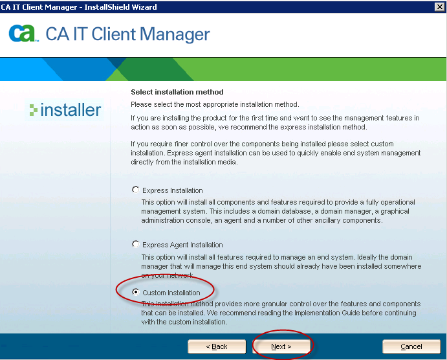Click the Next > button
[x=281, y=346]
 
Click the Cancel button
[x=411, y=346]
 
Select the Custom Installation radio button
[x=136, y=292]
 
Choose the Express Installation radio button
[x=136, y=190]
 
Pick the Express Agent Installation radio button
[x=136, y=244]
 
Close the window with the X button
[x=440, y=7]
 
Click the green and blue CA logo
[x=23, y=34]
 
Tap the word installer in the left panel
[x=71, y=110]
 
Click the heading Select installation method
[x=177, y=92]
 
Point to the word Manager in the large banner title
[x=175, y=34]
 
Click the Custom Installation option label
[x=171, y=293]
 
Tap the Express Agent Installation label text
[x=182, y=245]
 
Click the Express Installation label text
[x=173, y=190]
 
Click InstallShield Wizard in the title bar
[x=120, y=7]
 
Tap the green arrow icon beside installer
[x=34, y=110]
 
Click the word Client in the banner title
[x=113, y=34]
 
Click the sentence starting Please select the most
[x=215, y=104]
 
